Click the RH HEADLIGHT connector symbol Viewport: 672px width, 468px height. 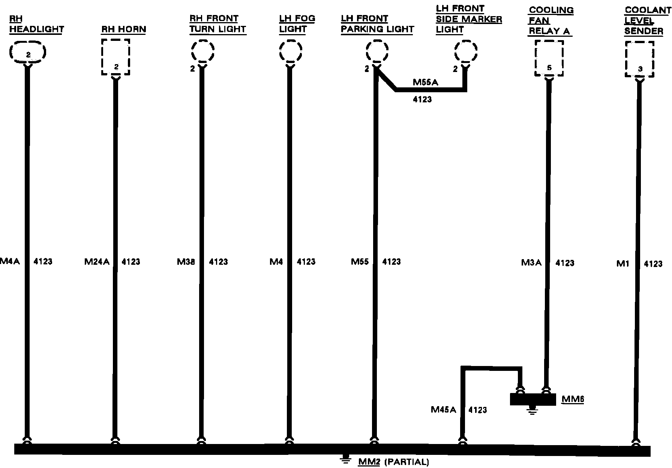[x=28, y=52]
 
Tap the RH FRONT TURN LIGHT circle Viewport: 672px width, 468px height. [x=203, y=51]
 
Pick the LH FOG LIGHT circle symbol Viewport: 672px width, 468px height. [x=290, y=51]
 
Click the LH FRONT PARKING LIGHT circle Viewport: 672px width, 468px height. [x=377, y=51]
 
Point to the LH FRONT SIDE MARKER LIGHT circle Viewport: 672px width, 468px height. [x=466, y=51]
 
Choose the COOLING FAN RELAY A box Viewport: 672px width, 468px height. [x=549, y=58]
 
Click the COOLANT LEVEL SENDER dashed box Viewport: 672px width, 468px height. [x=640, y=59]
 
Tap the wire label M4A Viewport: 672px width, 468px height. [x=10, y=261]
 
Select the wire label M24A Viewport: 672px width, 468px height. [x=97, y=262]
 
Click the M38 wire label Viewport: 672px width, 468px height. [x=186, y=262]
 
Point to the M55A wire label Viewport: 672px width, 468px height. [x=425, y=82]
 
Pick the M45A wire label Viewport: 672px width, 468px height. [x=443, y=409]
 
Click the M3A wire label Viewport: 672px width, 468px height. [x=531, y=262]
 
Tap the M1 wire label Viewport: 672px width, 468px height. [x=622, y=264]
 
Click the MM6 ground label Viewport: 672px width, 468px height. [x=573, y=399]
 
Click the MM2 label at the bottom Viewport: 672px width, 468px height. [x=369, y=462]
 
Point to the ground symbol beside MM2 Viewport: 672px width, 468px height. [x=345, y=460]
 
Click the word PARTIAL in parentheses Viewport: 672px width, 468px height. [x=406, y=462]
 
